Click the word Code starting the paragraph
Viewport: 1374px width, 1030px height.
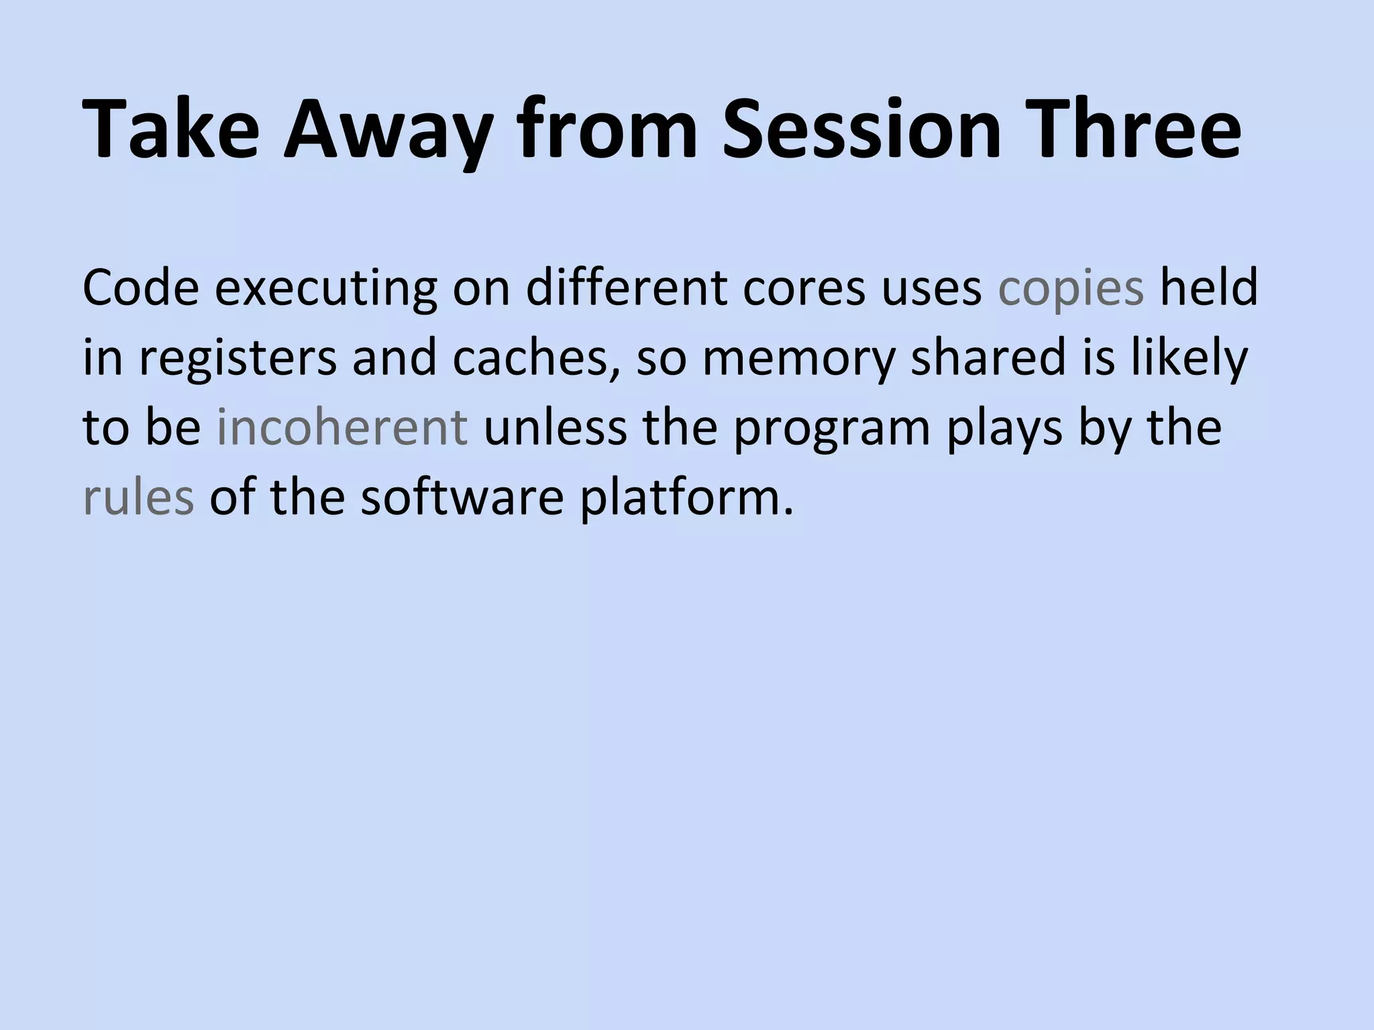[x=141, y=287]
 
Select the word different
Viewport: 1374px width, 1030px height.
[x=626, y=287]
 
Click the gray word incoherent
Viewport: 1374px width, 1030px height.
[x=342, y=427]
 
